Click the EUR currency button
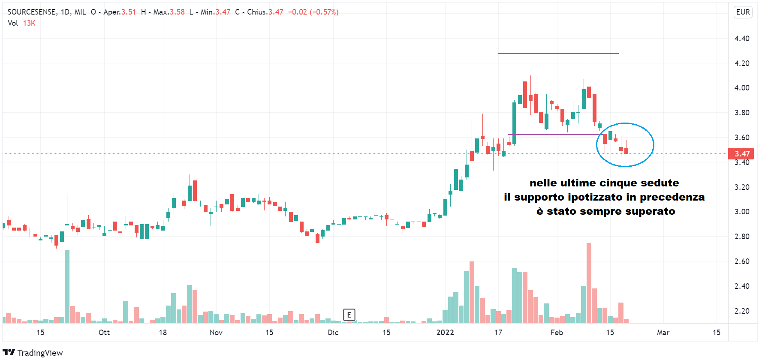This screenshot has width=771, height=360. coord(743,12)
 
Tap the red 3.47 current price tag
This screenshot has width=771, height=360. coord(741,153)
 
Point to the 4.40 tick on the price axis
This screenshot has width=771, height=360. coord(742,39)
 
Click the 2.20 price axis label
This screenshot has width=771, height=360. coord(742,311)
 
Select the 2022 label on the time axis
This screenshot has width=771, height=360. coord(445,333)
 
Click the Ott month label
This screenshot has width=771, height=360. coord(104,333)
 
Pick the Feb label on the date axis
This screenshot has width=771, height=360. coord(557,333)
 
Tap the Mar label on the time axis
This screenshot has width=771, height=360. coord(663,333)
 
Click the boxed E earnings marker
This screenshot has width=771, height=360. coord(349,315)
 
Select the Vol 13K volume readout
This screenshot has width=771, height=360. coord(21,23)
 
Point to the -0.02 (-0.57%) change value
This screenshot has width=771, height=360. coord(313,12)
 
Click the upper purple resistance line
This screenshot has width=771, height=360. coord(557,53)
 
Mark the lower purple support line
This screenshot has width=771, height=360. coord(553,134)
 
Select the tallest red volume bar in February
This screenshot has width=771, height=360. coord(589,283)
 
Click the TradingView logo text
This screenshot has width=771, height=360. coord(39,353)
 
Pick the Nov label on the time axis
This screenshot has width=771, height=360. coord(216,333)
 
